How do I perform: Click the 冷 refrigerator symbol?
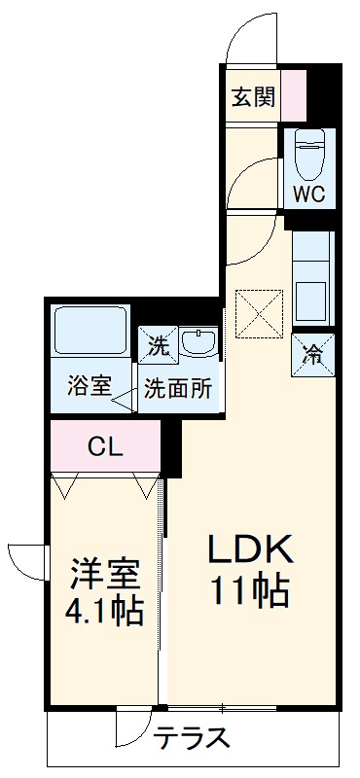pos(314,353)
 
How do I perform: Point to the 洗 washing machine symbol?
pos(157,342)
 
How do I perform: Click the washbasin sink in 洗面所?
pos(201,342)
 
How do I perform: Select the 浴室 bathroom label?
pos(89,386)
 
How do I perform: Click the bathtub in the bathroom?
pos(89,331)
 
